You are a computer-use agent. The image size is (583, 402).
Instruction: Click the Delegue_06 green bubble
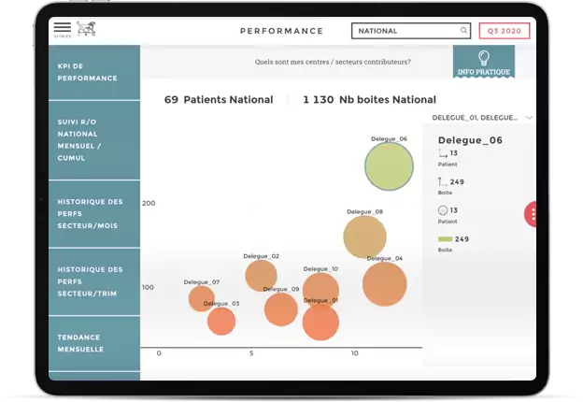pyautogui.click(x=389, y=166)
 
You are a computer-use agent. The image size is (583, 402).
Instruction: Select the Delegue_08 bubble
pyautogui.click(x=364, y=237)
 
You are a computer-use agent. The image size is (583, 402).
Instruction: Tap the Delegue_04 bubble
pyautogui.click(x=384, y=284)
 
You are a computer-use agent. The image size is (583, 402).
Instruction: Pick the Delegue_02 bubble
pyautogui.click(x=262, y=275)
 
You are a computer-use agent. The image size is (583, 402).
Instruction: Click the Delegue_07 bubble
pyautogui.click(x=202, y=298)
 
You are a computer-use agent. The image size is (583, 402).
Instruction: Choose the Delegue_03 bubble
pyautogui.click(x=221, y=321)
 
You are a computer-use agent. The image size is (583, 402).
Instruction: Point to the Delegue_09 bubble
pyautogui.click(x=280, y=309)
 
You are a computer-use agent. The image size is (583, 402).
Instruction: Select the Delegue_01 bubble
pyautogui.click(x=320, y=323)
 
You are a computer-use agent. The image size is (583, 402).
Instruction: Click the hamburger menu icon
pyautogui.click(x=62, y=28)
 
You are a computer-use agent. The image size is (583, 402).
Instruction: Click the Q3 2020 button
pyautogui.click(x=504, y=31)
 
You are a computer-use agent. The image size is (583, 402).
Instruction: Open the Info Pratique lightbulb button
pyautogui.click(x=483, y=63)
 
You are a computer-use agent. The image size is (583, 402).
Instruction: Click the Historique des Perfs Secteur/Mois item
pyautogui.click(x=89, y=213)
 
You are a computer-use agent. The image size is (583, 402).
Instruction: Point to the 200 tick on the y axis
pyautogui.click(x=149, y=203)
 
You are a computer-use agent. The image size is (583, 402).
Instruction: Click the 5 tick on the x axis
pyautogui.click(x=251, y=353)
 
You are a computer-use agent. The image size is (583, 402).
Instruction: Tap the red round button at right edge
pyautogui.click(x=532, y=214)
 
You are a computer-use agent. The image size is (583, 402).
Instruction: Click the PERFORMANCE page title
pyautogui.click(x=281, y=31)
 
